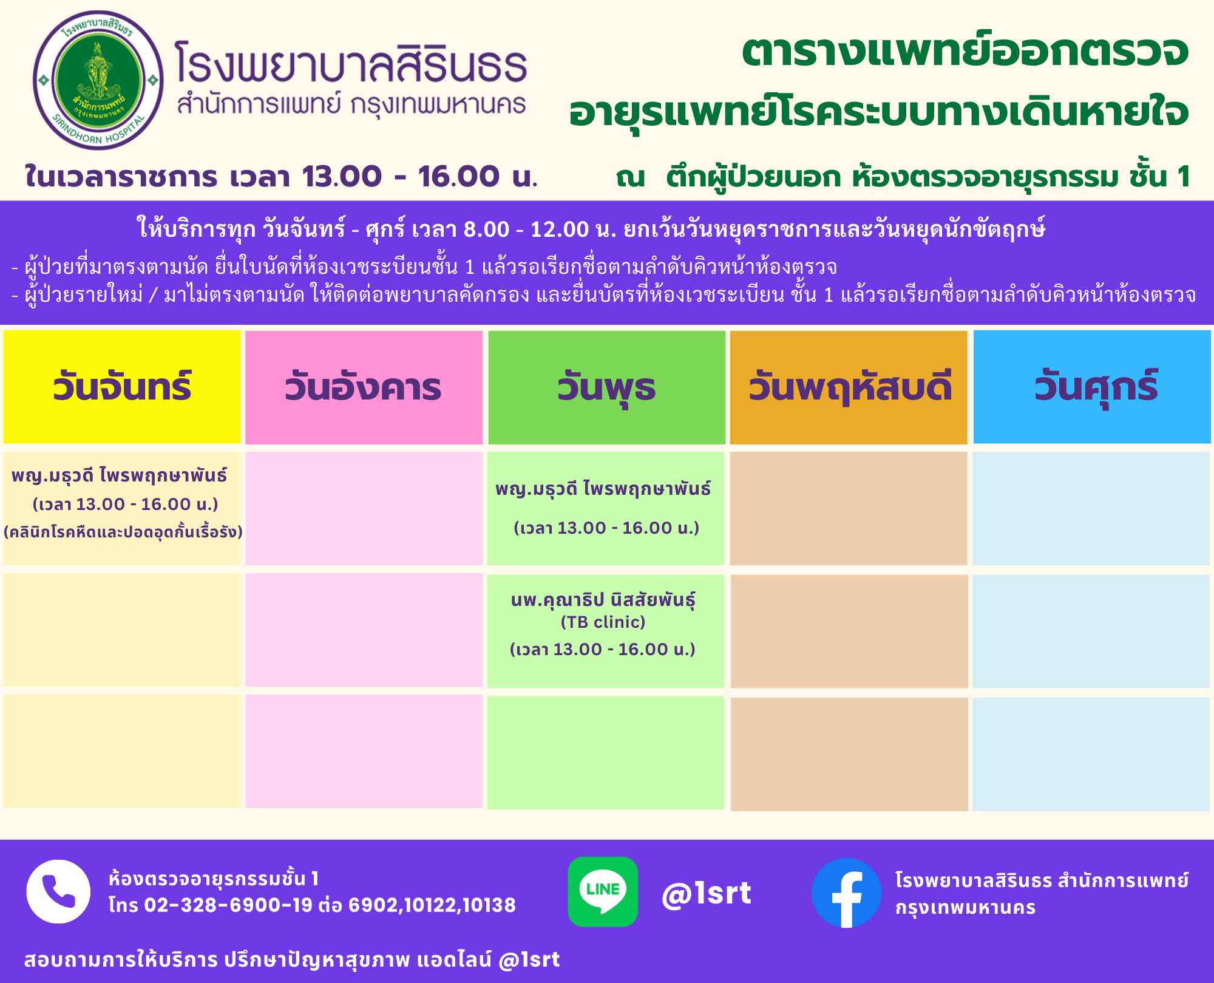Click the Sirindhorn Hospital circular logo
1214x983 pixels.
click(98, 80)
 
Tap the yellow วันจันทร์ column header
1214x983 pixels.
click(122, 387)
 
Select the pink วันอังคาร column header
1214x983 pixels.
click(364, 387)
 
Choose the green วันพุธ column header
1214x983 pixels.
click(606, 387)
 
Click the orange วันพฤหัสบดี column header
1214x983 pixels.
click(849, 387)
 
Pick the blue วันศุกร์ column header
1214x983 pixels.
click(1092, 387)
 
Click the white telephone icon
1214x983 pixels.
click(58, 891)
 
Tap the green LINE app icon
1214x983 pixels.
click(603, 891)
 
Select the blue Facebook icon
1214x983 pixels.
click(846, 893)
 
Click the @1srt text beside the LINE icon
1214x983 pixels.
click(707, 893)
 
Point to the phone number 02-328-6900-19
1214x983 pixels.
click(228, 905)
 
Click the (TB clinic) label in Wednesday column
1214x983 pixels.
click(603, 622)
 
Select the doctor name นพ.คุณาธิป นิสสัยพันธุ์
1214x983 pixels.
click(603, 599)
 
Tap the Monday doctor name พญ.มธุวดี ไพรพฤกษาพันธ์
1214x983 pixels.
click(119, 475)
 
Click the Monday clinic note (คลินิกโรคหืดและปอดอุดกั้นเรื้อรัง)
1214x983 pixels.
click(123, 532)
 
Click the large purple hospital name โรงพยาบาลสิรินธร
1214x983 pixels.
click(351, 63)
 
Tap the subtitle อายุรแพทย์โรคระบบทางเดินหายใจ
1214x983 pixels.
click(879, 112)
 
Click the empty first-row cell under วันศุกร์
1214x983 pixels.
click(1091, 508)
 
